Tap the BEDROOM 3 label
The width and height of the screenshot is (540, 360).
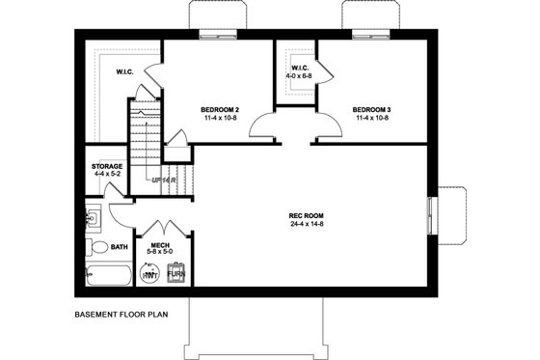pyautogui.click(x=370, y=109)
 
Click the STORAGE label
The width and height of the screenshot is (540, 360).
pyautogui.click(x=107, y=166)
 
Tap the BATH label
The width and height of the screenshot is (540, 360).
pyautogui.click(x=119, y=247)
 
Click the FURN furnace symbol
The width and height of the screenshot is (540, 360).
pyautogui.click(x=176, y=274)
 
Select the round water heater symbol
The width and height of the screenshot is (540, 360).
pyautogui.click(x=150, y=275)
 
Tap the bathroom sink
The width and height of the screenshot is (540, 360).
pyautogui.click(x=93, y=216)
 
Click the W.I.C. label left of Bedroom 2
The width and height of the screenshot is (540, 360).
pyautogui.click(x=125, y=72)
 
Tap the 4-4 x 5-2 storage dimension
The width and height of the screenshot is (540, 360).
pyautogui.click(x=107, y=175)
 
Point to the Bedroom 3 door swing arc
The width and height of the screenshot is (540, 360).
pyautogui.click(x=326, y=124)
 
